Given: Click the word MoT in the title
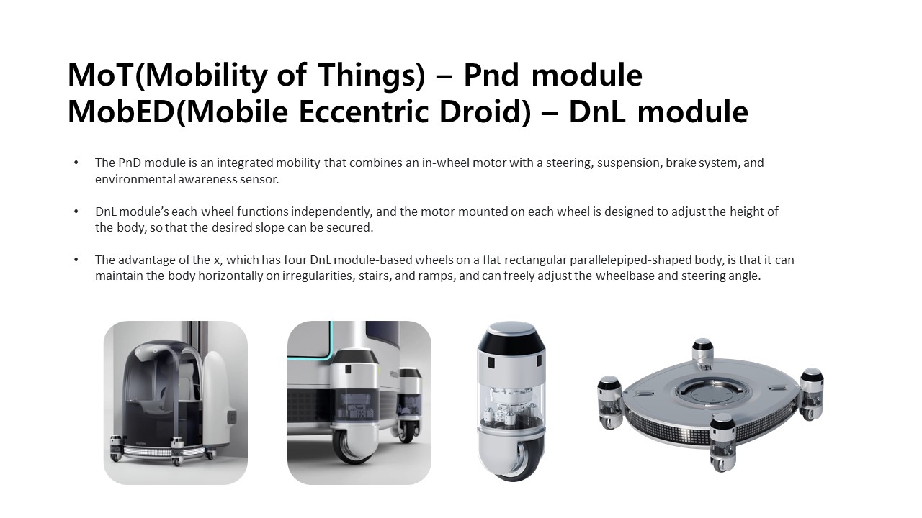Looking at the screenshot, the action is (101, 75).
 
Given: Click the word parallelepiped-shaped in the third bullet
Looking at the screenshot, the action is (631, 260).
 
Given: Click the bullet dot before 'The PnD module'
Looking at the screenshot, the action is (76, 163).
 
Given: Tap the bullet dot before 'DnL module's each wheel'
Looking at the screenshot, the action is (76, 212).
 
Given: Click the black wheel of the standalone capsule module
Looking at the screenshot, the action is (514, 460).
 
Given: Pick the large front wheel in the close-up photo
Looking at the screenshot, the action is (351, 447).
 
